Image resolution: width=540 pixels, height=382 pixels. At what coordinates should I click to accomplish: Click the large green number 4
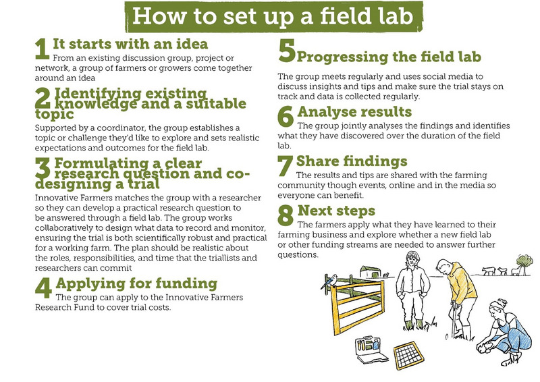coord(43,288)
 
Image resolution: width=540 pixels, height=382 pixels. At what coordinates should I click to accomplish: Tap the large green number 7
coord(285,165)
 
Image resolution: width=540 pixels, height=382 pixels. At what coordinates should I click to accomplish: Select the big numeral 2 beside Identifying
coord(43,98)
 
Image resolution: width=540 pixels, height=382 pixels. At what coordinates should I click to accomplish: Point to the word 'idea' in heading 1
coord(192,44)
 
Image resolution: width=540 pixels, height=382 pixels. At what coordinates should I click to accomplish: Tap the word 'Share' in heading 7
coord(317,161)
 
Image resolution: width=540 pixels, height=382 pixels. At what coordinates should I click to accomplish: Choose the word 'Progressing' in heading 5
coord(342,57)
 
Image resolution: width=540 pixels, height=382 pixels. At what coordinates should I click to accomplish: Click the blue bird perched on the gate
coord(329,281)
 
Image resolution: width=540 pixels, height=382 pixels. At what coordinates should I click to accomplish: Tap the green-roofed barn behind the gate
coord(370,272)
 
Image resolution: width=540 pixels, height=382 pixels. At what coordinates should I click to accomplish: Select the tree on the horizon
coord(525,264)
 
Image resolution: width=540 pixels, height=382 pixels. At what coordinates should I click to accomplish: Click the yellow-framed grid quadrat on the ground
coord(409,355)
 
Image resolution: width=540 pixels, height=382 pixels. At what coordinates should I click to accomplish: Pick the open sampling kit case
coord(371,350)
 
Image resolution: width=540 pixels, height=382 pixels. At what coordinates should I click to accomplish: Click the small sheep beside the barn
coord(386,275)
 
